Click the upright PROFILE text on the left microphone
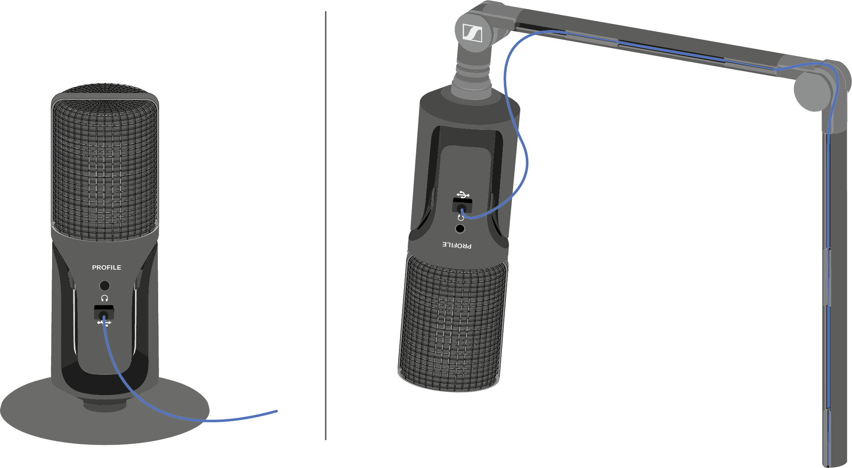click(x=107, y=267)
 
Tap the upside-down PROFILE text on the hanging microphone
click(x=457, y=245)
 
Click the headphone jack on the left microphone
click(x=105, y=285)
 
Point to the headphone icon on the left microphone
click(x=105, y=298)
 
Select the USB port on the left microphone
click(x=104, y=312)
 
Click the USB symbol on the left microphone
click(x=104, y=323)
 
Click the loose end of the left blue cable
click(x=277, y=411)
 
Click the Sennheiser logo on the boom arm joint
click(x=472, y=32)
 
